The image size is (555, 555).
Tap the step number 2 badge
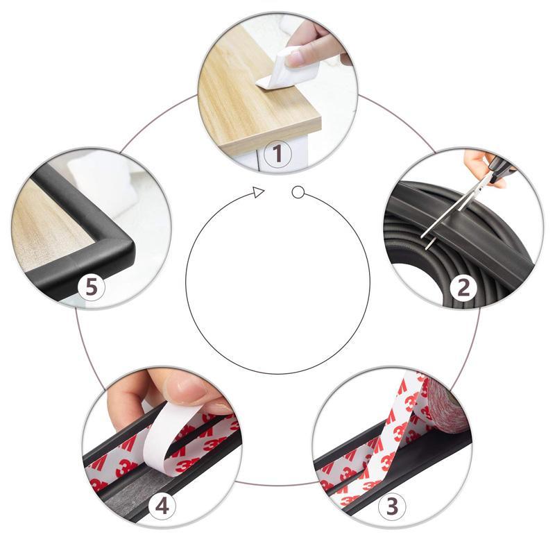[x=463, y=286]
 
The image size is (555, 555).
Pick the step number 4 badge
[x=162, y=506]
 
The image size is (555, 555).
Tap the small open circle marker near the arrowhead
[x=298, y=191]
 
